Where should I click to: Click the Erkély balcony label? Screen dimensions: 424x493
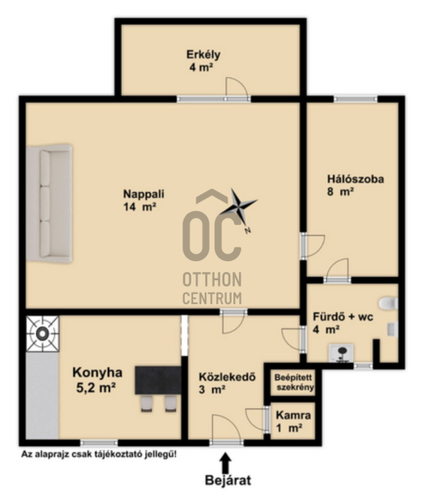click(x=203, y=55)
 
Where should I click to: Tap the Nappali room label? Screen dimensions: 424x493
click(x=144, y=194)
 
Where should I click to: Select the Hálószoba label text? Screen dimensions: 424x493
click(x=356, y=179)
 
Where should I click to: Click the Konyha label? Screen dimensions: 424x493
click(x=97, y=372)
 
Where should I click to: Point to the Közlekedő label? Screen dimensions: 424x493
click(x=227, y=376)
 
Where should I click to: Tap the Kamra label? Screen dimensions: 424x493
click(x=293, y=415)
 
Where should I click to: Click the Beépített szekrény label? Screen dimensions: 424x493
click(x=294, y=382)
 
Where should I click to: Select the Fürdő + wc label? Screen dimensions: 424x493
click(x=343, y=316)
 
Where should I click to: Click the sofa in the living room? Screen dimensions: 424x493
click(x=49, y=204)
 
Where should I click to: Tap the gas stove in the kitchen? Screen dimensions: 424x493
click(x=43, y=334)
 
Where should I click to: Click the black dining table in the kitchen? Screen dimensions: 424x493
click(x=159, y=380)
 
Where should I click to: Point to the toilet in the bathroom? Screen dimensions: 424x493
click(x=389, y=303)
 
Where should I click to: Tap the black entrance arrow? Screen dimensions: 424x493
click(x=225, y=462)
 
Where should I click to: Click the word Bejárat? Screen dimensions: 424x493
click(x=228, y=481)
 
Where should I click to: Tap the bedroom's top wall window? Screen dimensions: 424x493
click(x=355, y=99)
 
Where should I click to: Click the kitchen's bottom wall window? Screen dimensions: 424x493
click(x=99, y=443)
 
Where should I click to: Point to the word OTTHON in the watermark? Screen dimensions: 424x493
click(x=212, y=279)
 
